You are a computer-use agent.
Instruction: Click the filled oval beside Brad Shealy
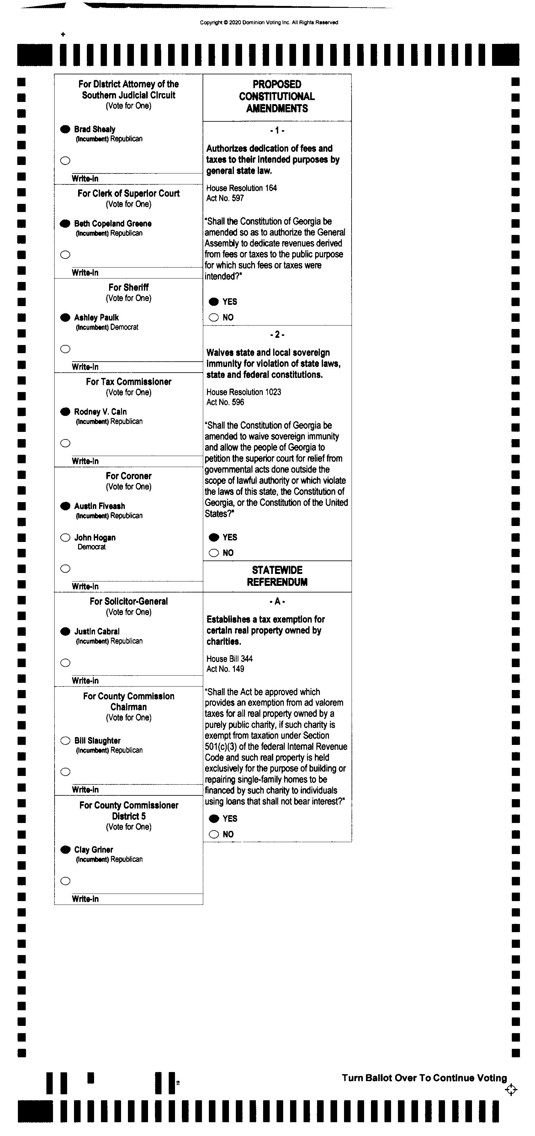coord(65,129)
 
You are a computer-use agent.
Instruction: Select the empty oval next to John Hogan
coord(65,537)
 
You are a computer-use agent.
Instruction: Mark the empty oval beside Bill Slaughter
coord(65,741)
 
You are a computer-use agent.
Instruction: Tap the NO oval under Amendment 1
coord(214,317)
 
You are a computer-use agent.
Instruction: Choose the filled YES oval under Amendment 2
coord(214,537)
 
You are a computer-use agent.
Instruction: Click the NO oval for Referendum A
coord(214,834)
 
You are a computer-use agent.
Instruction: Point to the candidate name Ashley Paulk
coord(96,317)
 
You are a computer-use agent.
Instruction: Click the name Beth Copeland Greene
coord(113,224)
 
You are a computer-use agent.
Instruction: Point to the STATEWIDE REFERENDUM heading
coord(277,576)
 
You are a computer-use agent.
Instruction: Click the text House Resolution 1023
coord(243,392)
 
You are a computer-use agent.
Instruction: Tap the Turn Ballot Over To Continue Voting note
coord(424,1078)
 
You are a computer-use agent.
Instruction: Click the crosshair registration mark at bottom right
coord(511,1090)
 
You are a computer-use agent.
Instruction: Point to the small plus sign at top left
coord(63,35)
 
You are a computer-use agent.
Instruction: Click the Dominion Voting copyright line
coord(269,23)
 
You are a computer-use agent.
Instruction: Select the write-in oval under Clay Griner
coord(65,881)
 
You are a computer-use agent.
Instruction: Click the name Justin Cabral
coord(97,631)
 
